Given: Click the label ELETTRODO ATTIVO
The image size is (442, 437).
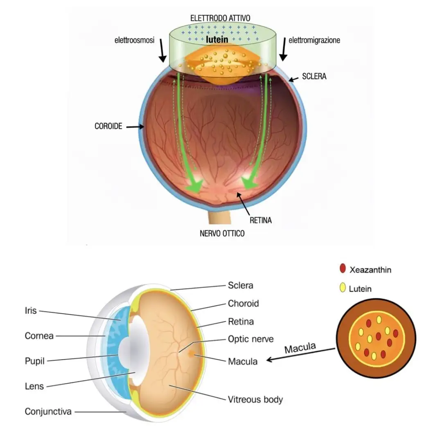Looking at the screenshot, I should [220, 18].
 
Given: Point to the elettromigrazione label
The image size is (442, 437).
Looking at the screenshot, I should [314, 41].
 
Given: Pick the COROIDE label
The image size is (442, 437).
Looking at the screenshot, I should [108, 126].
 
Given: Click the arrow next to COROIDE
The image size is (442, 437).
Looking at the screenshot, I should [135, 127].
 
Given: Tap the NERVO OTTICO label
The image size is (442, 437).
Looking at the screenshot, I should [222, 234].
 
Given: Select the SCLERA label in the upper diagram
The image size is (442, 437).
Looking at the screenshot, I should [314, 76].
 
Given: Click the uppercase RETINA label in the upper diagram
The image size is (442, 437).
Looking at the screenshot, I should [261, 221].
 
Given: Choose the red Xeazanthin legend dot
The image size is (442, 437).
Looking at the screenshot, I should [343, 269].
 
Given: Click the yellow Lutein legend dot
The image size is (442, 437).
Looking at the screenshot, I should [343, 288].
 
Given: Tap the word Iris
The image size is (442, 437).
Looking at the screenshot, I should [31, 311].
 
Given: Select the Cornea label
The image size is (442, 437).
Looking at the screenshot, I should [39, 336].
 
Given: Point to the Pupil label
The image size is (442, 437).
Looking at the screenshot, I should [34, 361].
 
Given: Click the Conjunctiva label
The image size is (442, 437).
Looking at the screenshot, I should [48, 411].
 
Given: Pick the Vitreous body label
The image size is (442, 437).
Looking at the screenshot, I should [255, 399].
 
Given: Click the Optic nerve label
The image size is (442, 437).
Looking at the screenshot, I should [250, 339].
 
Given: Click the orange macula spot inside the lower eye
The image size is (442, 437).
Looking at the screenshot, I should [191, 353].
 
